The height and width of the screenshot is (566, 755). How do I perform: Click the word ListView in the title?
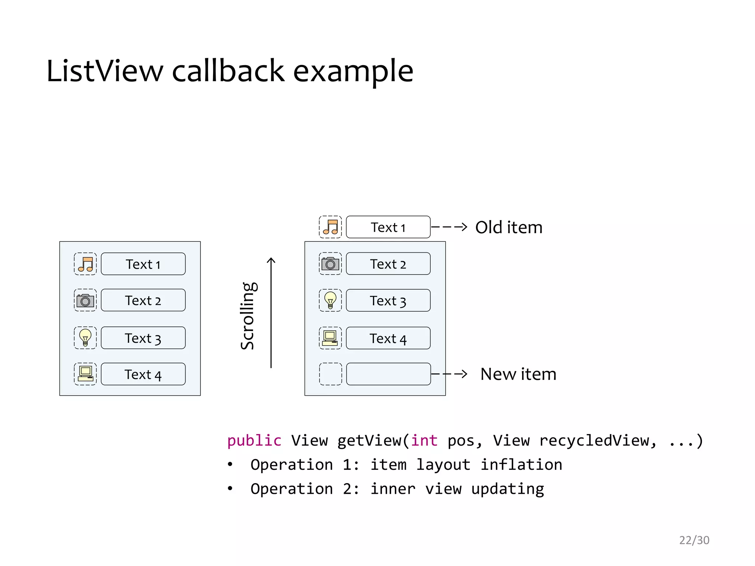tap(105, 71)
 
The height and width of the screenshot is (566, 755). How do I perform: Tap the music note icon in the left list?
tap(85, 264)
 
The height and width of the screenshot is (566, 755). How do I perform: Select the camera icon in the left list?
tap(85, 300)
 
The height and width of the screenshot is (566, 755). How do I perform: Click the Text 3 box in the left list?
tap(143, 338)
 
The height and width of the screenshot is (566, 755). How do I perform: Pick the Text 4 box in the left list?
tap(143, 374)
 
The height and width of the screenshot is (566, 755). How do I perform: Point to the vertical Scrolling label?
tap(248, 316)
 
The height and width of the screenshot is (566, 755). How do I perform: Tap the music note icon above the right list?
tap(330, 227)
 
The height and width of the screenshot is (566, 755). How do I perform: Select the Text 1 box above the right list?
tap(388, 227)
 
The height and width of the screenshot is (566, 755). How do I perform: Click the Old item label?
tap(509, 227)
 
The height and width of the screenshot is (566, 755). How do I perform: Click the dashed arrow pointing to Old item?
tap(449, 227)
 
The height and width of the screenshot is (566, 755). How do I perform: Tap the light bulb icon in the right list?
tap(330, 300)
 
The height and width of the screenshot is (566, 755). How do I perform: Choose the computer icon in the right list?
tap(330, 338)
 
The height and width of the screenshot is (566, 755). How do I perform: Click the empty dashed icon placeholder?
tap(330, 374)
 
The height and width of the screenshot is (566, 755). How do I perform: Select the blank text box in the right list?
tap(388, 374)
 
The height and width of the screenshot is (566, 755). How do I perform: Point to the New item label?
tap(518, 374)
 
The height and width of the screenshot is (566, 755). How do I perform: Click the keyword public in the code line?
tap(254, 441)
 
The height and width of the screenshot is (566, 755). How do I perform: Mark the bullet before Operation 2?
tap(230, 489)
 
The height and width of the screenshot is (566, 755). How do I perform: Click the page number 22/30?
tap(694, 540)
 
